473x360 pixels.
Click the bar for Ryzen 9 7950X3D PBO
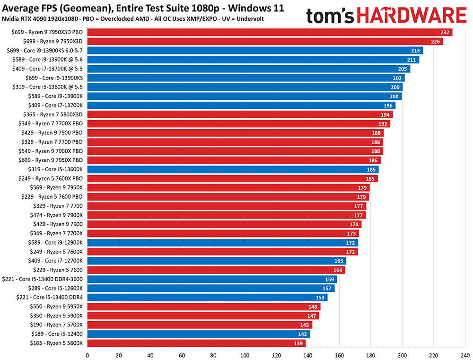(x=270, y=32)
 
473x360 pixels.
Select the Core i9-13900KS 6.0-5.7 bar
(x=255, y=51)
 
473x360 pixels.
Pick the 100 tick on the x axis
(x=245, y=354)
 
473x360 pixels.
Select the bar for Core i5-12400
(x=199, y=334)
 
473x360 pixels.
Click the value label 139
(x=298, y=343)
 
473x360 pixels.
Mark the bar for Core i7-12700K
(x=217, y=261)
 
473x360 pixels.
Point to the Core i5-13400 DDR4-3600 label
(x=43, y=279)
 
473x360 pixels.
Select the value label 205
(x=402, y=69)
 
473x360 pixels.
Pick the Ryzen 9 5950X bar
(x=204, y=307)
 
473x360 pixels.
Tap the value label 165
(x=339, y=261)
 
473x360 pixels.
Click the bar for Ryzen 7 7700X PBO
(x=238, y=124)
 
